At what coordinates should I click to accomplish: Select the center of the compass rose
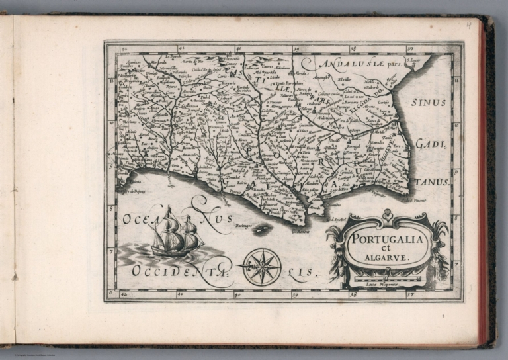[262, 266]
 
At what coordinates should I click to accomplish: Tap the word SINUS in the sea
[429, 103]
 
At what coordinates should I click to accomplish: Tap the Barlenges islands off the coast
[263, 229]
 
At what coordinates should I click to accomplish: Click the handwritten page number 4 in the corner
[468, 26]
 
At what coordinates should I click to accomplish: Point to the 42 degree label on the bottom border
[124, 295]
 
